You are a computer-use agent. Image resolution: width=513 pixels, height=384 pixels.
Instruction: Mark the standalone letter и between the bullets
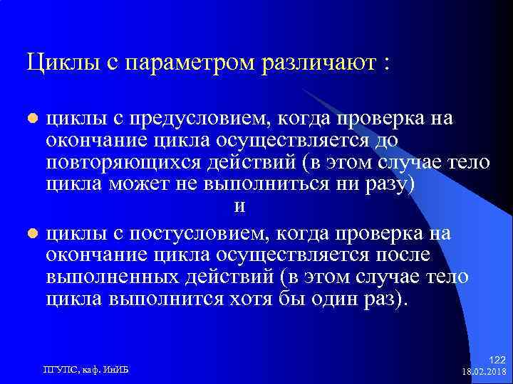(x=239, y=206)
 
